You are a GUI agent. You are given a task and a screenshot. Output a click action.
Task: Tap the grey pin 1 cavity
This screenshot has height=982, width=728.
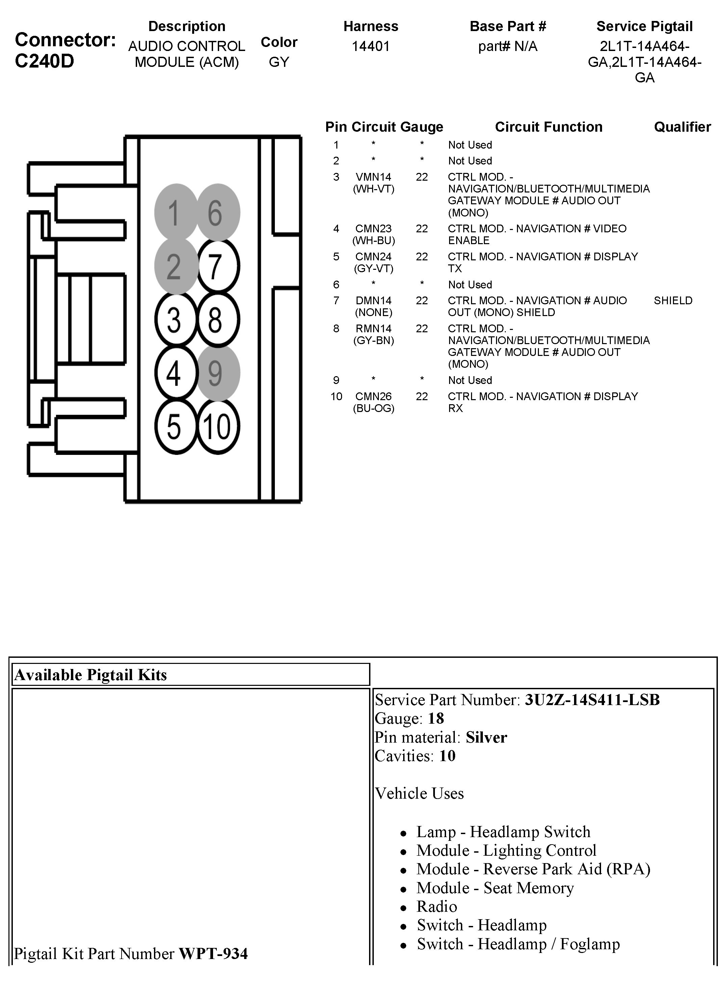(175, 212)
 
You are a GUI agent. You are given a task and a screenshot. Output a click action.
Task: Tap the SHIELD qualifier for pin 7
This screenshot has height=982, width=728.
(673, 301)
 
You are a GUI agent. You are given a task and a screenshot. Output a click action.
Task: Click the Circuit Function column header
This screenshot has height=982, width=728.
(548, 127)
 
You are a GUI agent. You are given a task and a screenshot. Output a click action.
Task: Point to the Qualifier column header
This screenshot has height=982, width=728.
(682, 127)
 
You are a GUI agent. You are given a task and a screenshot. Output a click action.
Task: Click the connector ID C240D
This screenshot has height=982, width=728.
(45, 61)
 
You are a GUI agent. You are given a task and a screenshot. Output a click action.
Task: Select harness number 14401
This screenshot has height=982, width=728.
(371, 46)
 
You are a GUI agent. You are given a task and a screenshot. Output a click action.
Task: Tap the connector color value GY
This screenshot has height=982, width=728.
(279, 62)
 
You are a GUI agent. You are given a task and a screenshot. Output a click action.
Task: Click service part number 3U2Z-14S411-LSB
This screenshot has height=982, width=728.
(592, 700)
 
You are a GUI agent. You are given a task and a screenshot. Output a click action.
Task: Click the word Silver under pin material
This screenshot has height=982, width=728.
(486, 738)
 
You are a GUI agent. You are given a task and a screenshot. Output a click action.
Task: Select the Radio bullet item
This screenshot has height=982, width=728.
(437, 907)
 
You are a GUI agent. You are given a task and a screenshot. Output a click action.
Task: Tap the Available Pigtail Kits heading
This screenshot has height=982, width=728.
(91, 675)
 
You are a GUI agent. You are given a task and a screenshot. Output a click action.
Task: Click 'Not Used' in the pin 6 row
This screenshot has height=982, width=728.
(470, 285)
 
